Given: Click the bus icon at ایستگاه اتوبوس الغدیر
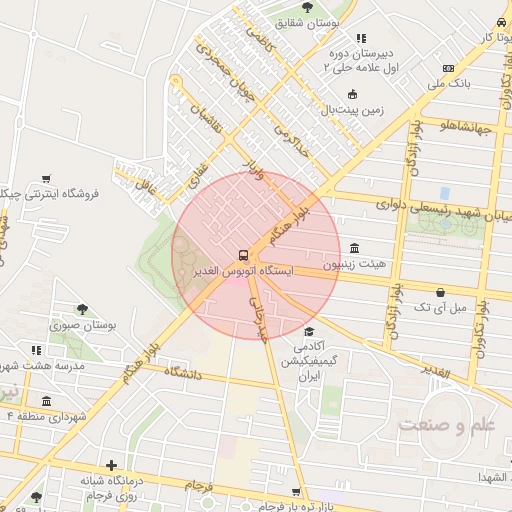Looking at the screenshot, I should click(x=243, y=254).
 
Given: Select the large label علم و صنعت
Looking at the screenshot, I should click(x=446, y=424).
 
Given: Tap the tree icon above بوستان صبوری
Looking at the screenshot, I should click(x=83, y=309).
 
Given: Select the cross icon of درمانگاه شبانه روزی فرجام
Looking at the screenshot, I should click(x=111, y=464).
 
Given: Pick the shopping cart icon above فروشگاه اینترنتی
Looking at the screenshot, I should click(x=45, y=178).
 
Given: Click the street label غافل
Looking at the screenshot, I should click(x=132, y=184).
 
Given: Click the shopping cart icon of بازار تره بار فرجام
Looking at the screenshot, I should click(x=296, y=491).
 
